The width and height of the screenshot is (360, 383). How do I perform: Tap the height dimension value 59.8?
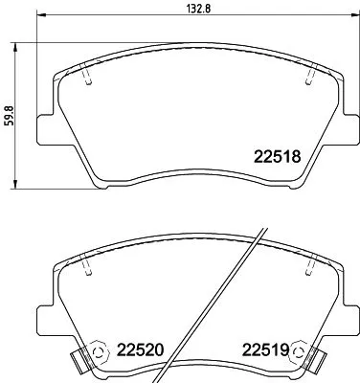tap(9, 116)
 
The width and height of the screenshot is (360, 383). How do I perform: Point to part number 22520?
tap(140, 349)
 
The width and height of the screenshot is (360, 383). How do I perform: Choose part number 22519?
tap(265, 349)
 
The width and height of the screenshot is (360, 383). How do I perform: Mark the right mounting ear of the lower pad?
tap(348, 317)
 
